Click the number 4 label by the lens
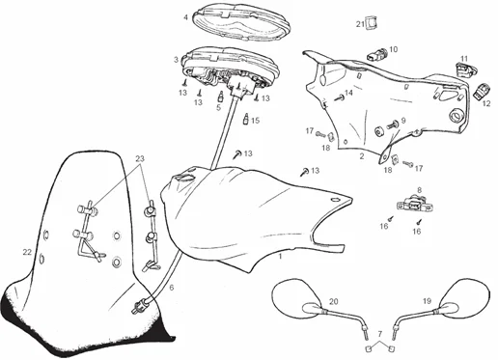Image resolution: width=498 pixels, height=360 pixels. [x=185, y=17]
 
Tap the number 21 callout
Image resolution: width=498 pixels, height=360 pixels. [x=360, y=24]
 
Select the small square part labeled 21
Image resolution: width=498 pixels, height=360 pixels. [x=372, y=22]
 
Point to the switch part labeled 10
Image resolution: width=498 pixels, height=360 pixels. [x=376, y=54]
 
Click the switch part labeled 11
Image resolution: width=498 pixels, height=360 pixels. [x=466, y=69]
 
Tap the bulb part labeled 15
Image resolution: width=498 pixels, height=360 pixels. [x=246, y=119]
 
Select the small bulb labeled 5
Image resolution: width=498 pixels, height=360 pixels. [x=221, y=97]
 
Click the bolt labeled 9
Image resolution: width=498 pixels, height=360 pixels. [x=394, y=124]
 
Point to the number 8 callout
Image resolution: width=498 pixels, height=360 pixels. [x=419, y=190]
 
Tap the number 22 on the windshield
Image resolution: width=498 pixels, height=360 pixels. [x=27, y=252]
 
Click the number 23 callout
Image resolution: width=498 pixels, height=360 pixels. [x=140, y=159]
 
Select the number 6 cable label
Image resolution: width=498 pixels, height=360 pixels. [x=172, y=288]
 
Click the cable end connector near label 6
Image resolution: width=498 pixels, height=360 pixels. [x=141, y=306]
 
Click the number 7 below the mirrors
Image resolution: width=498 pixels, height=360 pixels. [x=380, y=334]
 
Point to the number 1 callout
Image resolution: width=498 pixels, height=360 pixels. [x=280, y=257]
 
